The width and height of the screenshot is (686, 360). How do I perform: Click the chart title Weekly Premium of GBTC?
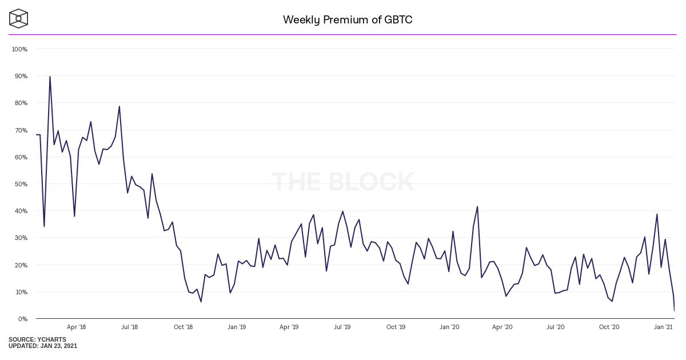click(x=348, y=20)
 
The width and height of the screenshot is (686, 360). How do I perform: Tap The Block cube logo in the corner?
click(x=18, y=18)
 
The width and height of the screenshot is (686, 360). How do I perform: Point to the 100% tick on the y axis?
click(x=19, y=49)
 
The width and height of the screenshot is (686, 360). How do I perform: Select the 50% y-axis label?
click(x=21, y=184)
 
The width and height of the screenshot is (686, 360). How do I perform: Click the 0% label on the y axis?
click(x=23, y=319)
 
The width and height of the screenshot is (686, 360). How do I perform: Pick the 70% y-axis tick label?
click(x=21, y=130)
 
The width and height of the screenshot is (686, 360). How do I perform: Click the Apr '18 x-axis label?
click(x=76, y=327)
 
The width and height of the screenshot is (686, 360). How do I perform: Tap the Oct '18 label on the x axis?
click(x=183, y=327)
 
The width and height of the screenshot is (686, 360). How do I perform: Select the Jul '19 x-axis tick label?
click(x=342, y=327)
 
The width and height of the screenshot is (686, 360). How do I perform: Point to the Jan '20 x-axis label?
click(x=449, y=327)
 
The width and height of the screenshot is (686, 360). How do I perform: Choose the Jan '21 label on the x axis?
click(x=663, y=327)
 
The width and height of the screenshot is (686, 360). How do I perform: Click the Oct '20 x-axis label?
click(x=609, y=327)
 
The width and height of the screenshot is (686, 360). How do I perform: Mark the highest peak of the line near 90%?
click(x=50, y=77)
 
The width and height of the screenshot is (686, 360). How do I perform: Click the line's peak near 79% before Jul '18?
click(x=119, y=106)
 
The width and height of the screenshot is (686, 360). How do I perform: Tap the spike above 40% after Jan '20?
click(x=477, y=207)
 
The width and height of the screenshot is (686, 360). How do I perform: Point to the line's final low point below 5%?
click(x=675, y=310)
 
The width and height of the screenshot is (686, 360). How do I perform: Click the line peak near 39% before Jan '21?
click(x=657, y=214)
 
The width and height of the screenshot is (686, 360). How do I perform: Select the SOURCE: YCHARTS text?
click(x=37, y=339)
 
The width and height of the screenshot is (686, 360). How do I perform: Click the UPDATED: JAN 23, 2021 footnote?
click(x=43, y=346)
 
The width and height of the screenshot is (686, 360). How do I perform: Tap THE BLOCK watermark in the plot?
click(x=343, y=182)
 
